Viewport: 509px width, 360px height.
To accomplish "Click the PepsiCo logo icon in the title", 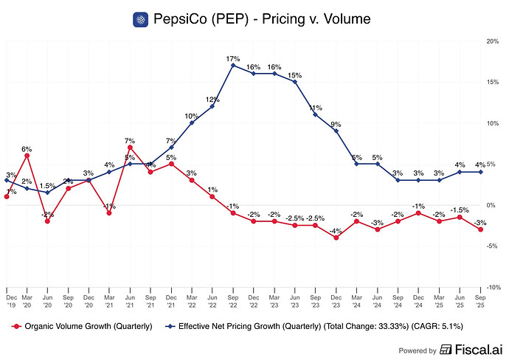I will point(141,19).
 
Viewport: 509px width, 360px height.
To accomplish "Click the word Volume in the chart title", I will point(343,19).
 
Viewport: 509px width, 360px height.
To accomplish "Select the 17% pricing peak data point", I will point(233,66).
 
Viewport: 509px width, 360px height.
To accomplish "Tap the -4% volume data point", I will point(336,238).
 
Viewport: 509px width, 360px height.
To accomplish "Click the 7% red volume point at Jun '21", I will point(130,148).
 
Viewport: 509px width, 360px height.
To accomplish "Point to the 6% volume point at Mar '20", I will point(27,156).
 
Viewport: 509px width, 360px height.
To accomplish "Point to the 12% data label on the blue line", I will point(212,99).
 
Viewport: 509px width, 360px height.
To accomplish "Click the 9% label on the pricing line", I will point(336,124).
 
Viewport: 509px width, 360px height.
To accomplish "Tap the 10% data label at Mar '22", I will point(192,116).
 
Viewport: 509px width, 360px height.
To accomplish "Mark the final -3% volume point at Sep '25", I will point(481,229).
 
